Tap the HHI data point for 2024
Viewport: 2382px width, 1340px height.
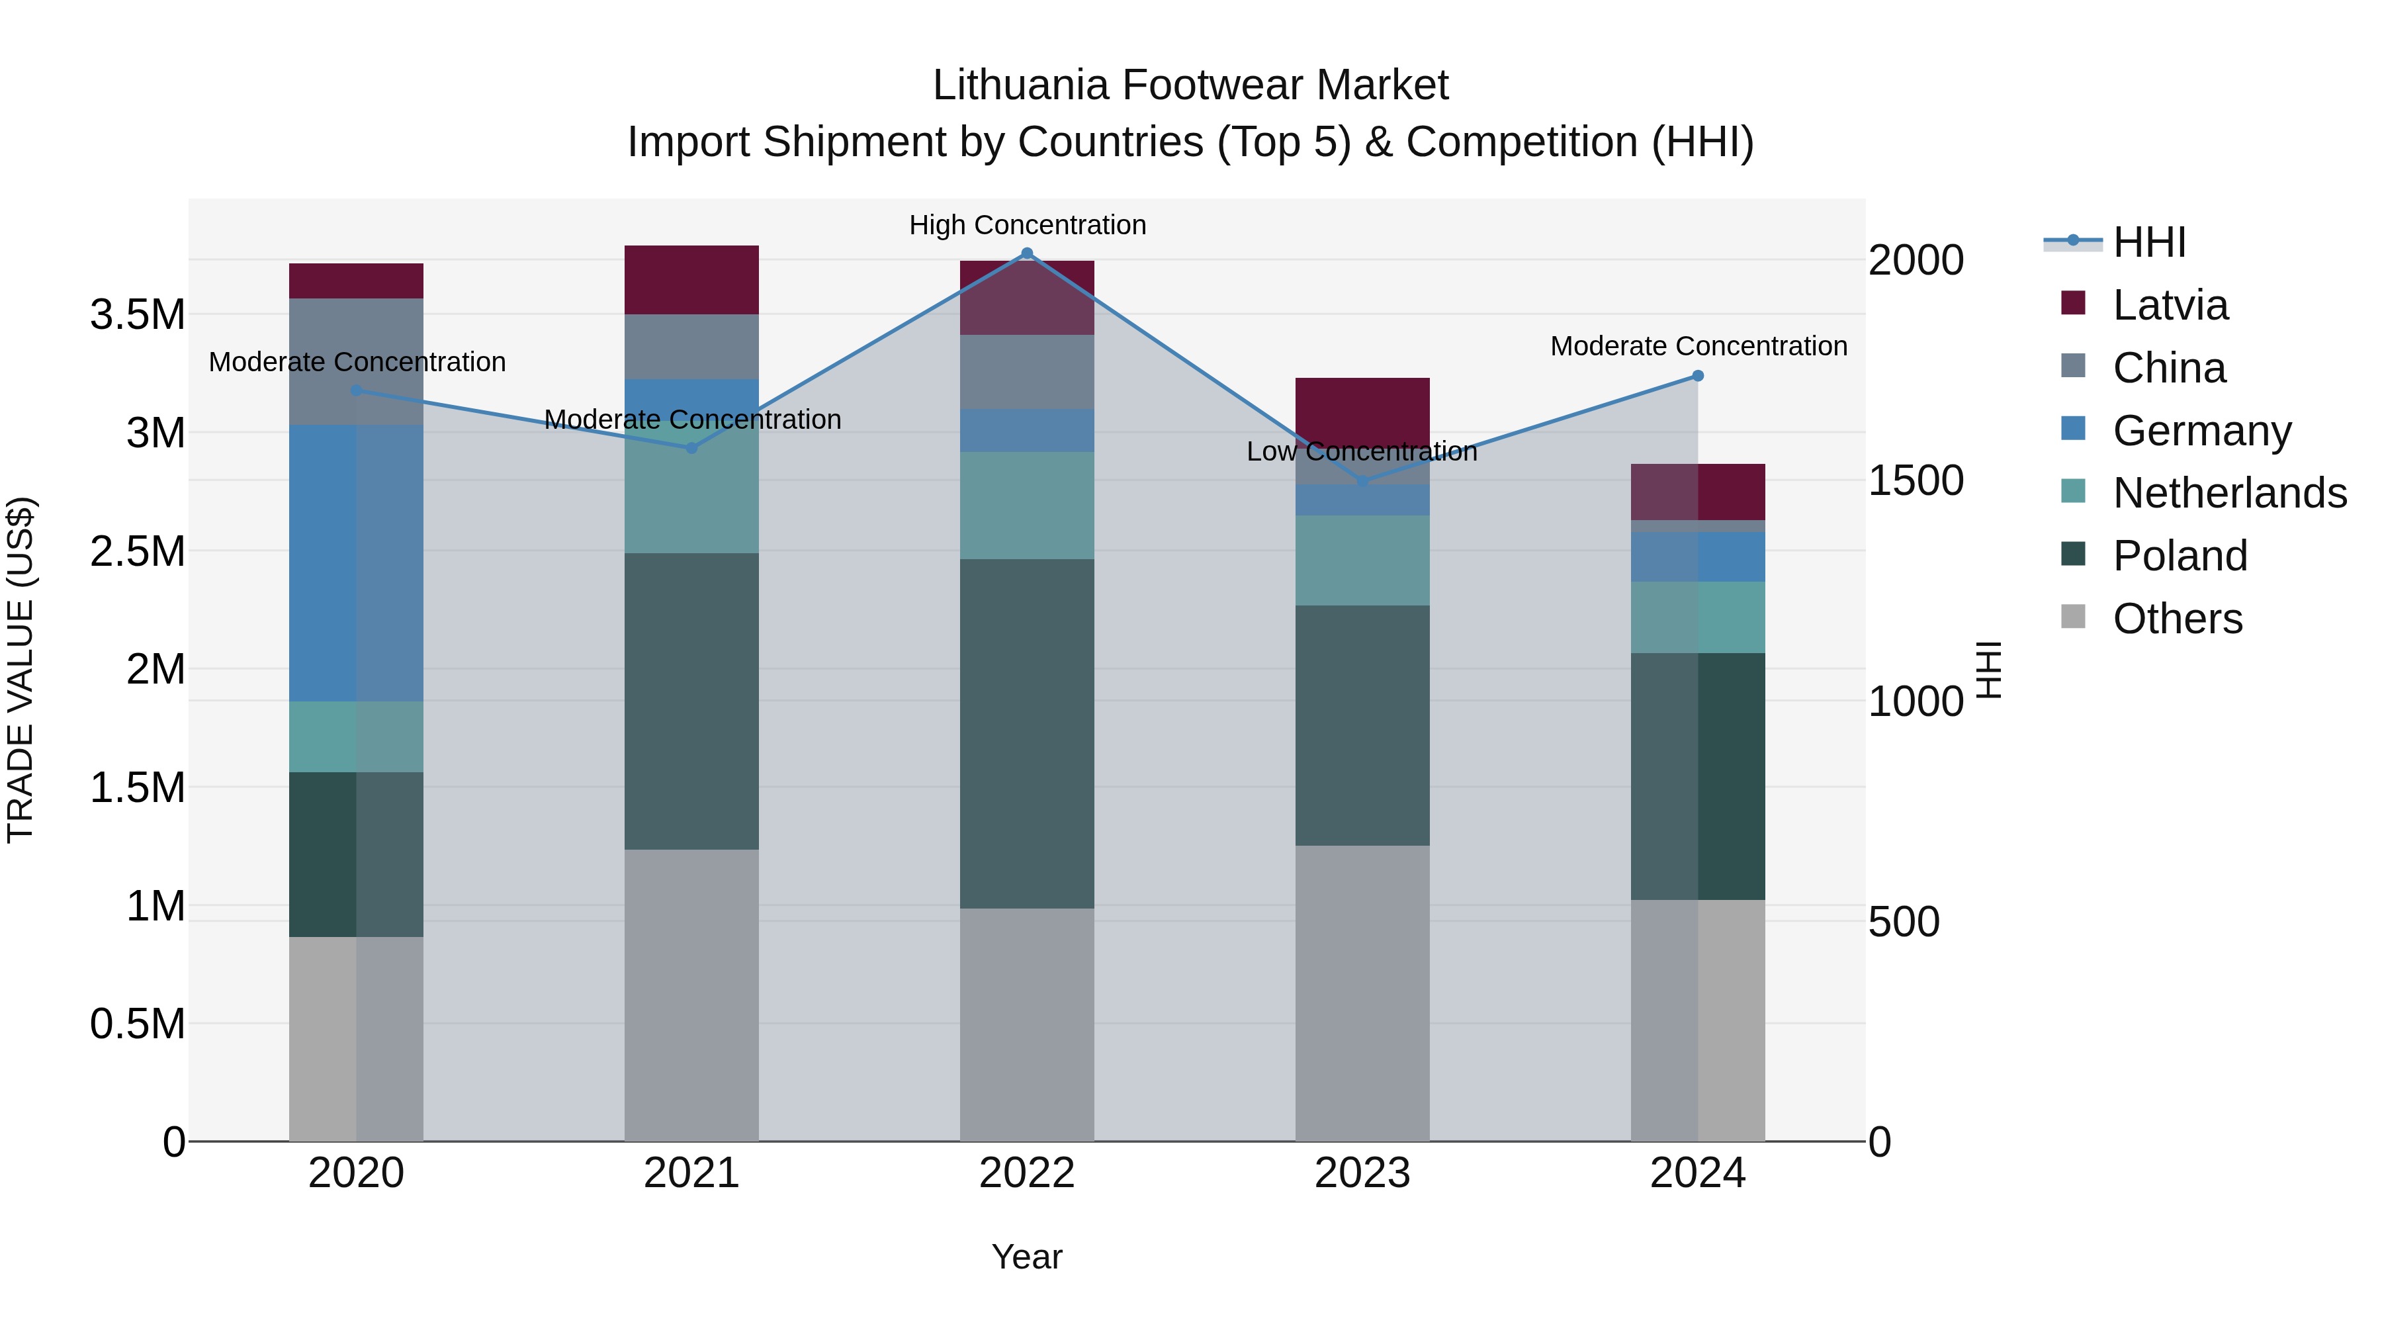pos(1698,375)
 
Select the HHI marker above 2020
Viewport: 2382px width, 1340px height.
pos(356,390)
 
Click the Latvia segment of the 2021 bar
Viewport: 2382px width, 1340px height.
pos(691,279)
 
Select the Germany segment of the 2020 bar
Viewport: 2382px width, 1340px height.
pos(356,562)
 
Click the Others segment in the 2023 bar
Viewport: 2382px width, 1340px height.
pos(1362,993)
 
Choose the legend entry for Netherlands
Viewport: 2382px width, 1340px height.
pos(2229,493)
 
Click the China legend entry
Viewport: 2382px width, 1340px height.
pos(2168,368)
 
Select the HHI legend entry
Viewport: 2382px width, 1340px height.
pos(2149,242)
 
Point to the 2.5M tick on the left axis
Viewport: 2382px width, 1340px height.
pos(137,551)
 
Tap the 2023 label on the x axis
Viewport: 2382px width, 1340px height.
pos(1362,1173)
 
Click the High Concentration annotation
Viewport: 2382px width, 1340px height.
pos(1028,225)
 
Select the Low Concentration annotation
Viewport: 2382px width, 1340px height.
pos(1362,451)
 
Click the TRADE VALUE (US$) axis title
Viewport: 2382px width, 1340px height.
pos(21,670)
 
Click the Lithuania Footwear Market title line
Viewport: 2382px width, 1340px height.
pos(1190,85)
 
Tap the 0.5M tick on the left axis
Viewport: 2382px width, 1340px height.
pos(137,1024)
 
